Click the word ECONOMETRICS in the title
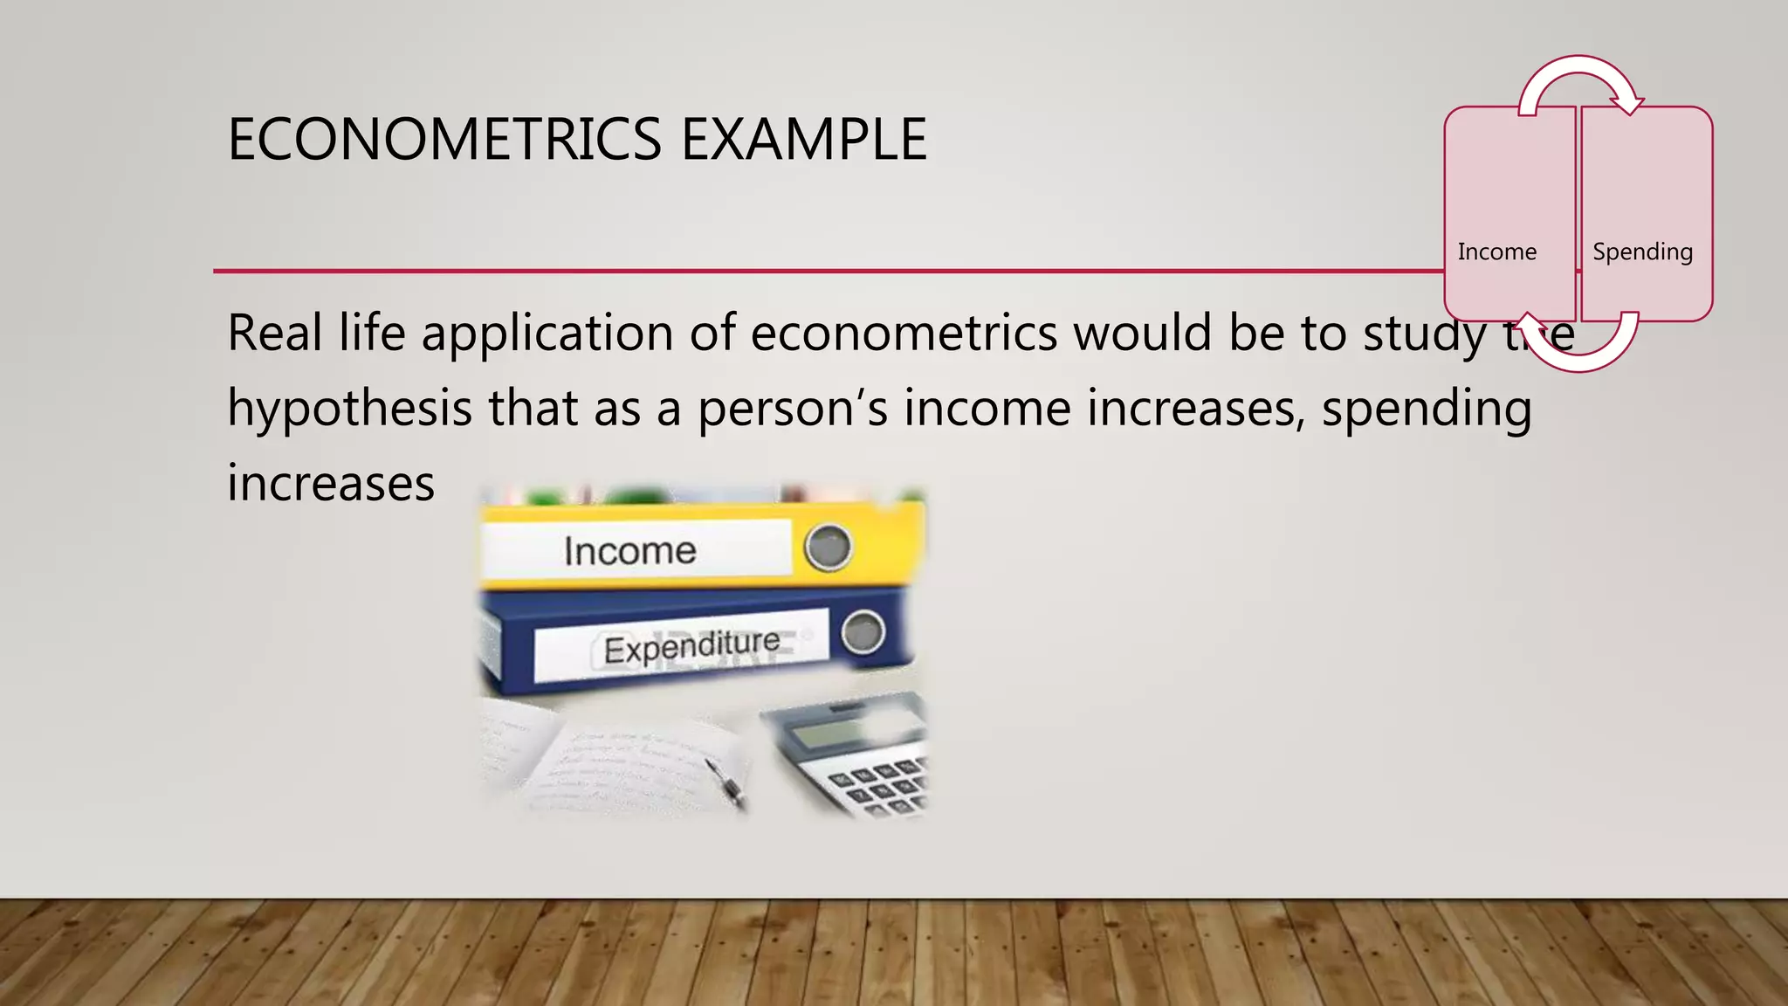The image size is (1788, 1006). coord(444,140)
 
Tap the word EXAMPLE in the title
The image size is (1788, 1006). coord(803,140)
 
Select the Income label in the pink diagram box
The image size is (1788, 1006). coord(1496,251)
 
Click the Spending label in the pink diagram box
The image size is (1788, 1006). coord(1642,251)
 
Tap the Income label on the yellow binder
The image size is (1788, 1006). coord(629,551)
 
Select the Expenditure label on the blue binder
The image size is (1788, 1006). coord(691,647)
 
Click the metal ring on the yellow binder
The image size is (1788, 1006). coord(827,547)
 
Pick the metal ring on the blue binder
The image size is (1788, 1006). coord(863,631)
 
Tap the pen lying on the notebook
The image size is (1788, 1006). coord(725,782)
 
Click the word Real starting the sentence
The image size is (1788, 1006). coord(274,334)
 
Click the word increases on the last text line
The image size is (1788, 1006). coord(331,484)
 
